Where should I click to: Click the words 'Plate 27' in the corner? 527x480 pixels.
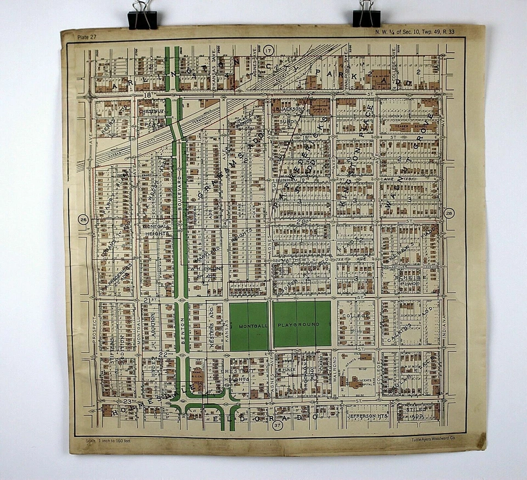click(86, 37)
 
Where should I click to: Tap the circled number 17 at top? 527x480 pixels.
click(268, 51)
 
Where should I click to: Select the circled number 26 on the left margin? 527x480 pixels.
click(83, 220)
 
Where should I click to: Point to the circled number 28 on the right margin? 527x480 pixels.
click(449, 214)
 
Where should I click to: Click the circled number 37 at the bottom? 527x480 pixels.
click(277, 425)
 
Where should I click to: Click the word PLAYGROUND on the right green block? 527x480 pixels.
click(301, 325)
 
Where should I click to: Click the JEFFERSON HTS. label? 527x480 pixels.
click(366, 416)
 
